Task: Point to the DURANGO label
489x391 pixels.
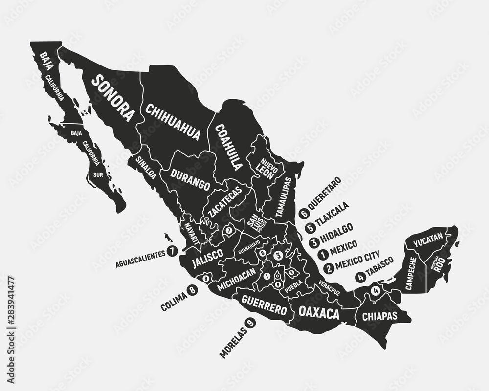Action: (190, 179)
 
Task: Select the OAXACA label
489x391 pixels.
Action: (319, 312)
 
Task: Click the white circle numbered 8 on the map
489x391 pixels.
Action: (205, 278)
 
